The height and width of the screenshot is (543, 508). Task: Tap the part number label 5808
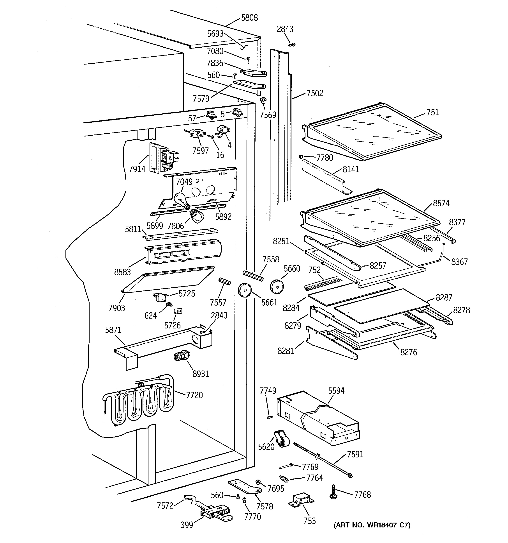coord(249,18)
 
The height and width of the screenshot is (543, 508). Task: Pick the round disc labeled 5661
coord(244,290)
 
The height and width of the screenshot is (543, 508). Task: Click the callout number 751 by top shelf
coord(432,113)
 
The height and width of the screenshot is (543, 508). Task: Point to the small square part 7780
coord(301,156)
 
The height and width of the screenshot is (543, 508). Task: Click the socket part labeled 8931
coord(180,356)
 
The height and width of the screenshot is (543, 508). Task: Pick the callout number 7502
coord(315,93)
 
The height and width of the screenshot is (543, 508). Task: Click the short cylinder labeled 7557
coord(225,281)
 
